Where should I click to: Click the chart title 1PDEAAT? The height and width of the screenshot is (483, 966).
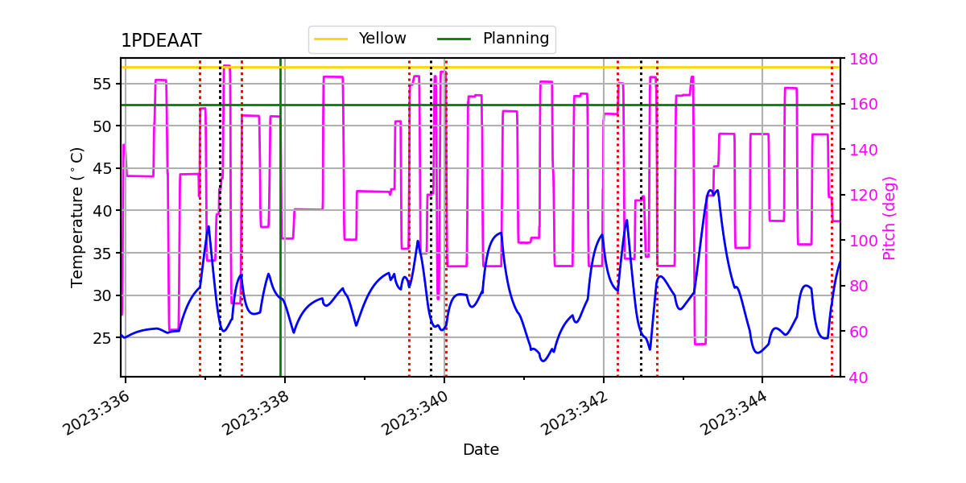161,41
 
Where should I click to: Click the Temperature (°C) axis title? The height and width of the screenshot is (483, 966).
77,217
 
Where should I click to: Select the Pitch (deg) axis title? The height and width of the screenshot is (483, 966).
889,217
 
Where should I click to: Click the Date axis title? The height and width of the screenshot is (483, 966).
481,450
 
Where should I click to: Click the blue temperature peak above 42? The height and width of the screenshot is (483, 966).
710,192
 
